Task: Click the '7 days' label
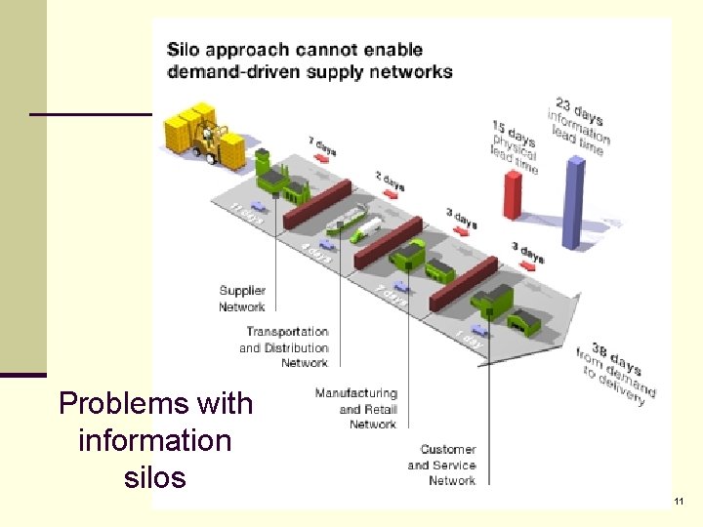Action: (x=322, y=148)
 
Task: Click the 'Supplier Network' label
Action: (x=242, y=299)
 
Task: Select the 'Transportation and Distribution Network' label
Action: (x=284, y=347)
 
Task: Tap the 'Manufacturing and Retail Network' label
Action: (x=355, y=409)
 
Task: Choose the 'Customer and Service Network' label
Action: (x=441, y=465)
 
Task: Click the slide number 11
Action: (x=679, y=502)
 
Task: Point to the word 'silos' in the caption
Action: (x=155, y=478)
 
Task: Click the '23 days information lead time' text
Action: (x=579, y=124)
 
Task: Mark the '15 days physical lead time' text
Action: (x=515, y=147)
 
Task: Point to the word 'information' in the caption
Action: (x=155, y=440)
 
